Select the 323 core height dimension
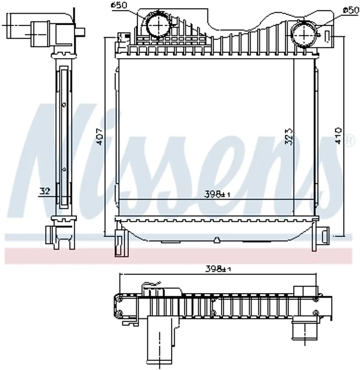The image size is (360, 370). click(x=289, y=136)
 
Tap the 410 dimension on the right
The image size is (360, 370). click(x=339, y=135)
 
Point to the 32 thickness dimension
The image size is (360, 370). click(x=45, y=191)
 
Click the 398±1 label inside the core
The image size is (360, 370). click(x=217, y=194)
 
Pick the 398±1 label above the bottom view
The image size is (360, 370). click(x=218, y=269)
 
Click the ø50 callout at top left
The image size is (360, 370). click(x=119, y=5)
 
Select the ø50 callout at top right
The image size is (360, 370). click(x=351, y=10)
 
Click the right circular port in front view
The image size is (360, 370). click(x=304, y=35)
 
